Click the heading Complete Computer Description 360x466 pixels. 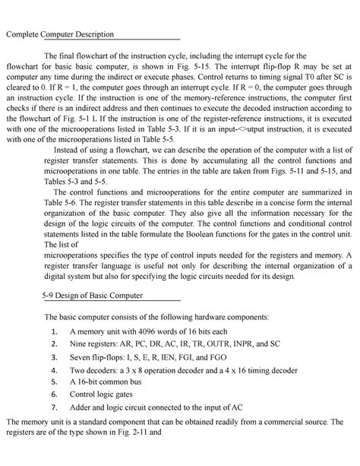click(x=60, y=35)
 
